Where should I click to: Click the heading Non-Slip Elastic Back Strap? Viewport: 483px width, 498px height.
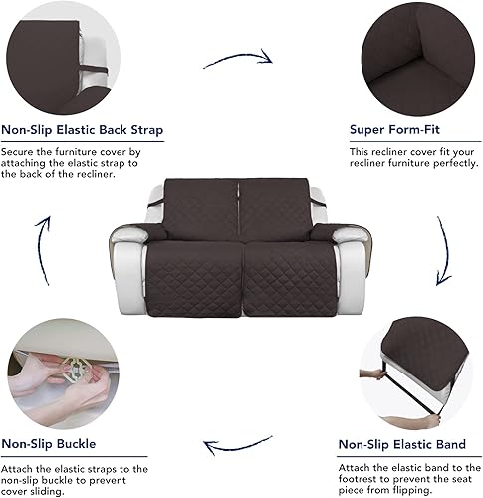pos(83,130)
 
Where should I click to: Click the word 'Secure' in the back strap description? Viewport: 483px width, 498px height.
pos(21,152)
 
